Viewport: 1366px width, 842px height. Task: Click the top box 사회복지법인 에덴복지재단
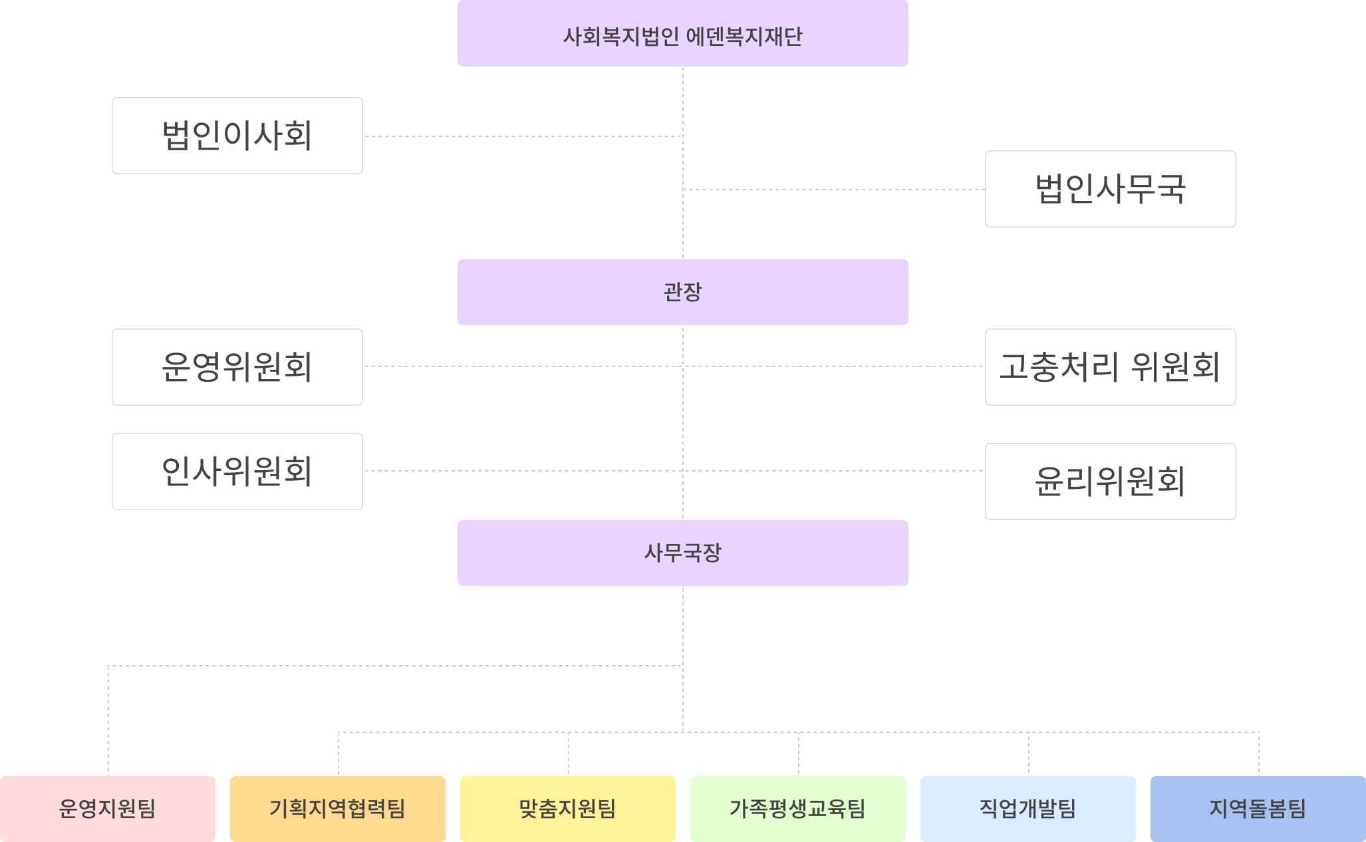(682, 33)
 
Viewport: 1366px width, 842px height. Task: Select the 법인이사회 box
(237, 136)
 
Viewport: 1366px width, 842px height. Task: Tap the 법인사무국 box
(1110, 189)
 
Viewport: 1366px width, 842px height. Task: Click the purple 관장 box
(682, 292)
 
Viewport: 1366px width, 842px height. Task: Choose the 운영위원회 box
(237, 367)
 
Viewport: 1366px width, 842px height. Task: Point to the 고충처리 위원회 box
(1110, 367)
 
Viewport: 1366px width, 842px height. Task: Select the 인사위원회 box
(237, 472)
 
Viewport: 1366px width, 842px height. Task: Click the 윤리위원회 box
(1110, 482)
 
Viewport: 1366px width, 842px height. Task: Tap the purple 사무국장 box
(682, 553)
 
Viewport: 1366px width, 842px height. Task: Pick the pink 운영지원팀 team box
(108, 809)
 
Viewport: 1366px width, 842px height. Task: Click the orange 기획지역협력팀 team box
(338, 809)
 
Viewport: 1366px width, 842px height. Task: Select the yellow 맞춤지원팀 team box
(568, 809)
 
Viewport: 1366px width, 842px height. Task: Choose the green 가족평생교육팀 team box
(798, 809)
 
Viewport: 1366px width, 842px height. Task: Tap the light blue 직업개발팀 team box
(1028, 809)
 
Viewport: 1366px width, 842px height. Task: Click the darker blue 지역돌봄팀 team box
(1258, 809)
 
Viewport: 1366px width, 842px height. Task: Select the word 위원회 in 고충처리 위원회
(1176, 367)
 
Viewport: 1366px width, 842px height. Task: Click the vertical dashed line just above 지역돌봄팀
(1259, 755)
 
